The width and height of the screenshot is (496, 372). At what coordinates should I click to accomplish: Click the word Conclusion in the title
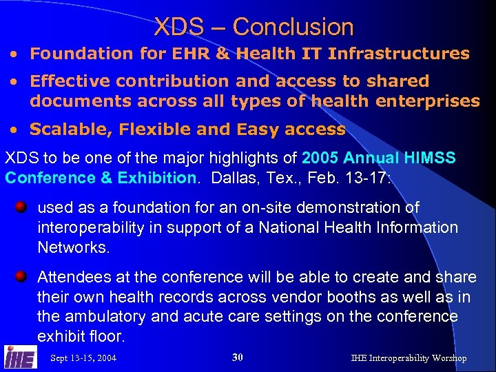click(x=293, y=28)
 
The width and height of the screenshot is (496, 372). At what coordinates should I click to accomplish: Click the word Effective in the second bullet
click(x=71, y=81)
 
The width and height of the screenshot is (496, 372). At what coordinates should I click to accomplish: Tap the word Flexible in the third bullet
click(x=150, y=130)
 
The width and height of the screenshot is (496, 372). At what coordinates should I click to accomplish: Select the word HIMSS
click(x=431, y=158)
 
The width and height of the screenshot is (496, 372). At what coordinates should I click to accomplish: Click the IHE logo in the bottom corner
click(x=21, y=357)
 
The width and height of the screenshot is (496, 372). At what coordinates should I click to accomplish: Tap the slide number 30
click(x=238, y=357)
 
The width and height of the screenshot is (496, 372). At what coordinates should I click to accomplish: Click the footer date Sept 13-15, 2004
click(x=83, y=358)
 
